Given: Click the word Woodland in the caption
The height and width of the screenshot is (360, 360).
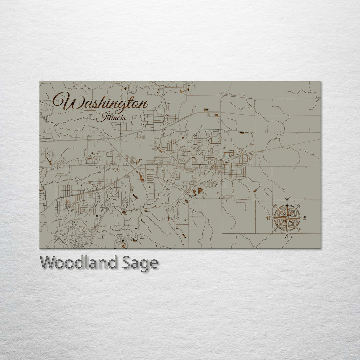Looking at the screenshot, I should tap(78, 263).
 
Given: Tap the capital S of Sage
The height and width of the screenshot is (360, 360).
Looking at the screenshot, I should tap(126, 263).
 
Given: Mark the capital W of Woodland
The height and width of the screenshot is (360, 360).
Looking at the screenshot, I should tap(47, 263).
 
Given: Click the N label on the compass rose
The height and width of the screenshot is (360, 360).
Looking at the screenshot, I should tap(287, 200).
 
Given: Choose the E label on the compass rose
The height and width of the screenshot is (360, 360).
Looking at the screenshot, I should tap(305, 218).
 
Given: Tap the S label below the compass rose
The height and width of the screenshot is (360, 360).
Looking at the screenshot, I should tap(287, 236).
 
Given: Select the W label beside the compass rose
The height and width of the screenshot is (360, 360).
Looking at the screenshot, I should tap(269, 218).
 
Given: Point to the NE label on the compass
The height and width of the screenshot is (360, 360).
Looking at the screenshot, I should tap(299, 206).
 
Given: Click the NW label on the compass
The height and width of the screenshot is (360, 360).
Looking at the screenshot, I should tap(275, 206).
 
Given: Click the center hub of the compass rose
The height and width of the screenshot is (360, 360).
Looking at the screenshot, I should tap(287, 218).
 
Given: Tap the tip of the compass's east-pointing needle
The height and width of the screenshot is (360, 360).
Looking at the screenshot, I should tap(301, 218).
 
